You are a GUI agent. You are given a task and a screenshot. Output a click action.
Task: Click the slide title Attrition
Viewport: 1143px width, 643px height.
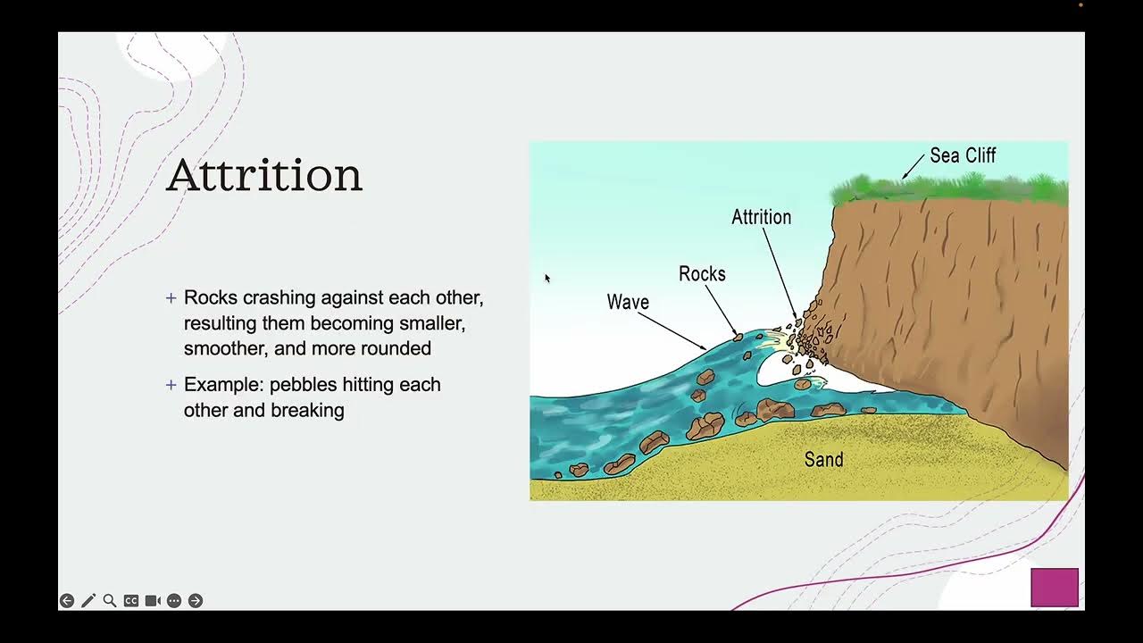[x=264, y=175]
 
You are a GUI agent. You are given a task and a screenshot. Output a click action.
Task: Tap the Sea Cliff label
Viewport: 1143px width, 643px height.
[x=963, y=155]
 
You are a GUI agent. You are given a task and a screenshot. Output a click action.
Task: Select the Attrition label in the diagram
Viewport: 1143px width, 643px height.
[x=761, y=217]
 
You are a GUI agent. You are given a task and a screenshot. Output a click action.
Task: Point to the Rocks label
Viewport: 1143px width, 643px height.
[x=702, y=274]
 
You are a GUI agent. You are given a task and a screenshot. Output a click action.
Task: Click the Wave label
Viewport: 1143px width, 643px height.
[x=628, y=302]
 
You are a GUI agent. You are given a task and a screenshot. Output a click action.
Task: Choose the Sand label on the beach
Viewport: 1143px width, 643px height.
[x=823, y=459]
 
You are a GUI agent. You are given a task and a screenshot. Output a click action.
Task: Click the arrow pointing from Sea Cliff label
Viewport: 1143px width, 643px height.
[x=913, y=166]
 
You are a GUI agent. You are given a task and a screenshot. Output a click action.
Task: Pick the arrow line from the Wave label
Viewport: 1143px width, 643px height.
[x=672, y=331]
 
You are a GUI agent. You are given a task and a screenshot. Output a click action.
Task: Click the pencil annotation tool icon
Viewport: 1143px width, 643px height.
[x=88, y=601]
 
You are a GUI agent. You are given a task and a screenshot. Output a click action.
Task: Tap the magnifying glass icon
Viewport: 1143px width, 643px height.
[x=110, y=601]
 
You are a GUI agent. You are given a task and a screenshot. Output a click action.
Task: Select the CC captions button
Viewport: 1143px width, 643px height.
[x=131, y=601]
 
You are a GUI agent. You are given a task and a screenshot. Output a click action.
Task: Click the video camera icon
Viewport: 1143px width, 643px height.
[x=153, y=601]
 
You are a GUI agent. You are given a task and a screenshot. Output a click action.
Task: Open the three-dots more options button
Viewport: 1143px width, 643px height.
[x=174, y=601]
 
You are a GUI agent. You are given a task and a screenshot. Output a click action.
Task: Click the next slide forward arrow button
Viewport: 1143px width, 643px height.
[x=196, y=601]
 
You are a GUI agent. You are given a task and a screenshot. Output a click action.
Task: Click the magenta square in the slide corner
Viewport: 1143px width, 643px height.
[x=1055, y=588]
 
